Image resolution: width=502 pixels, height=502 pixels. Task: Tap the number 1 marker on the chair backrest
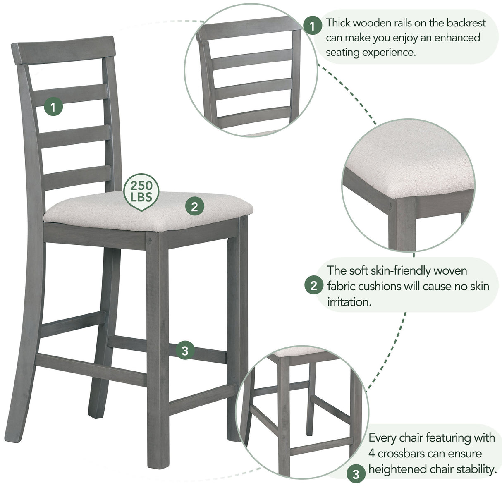point(53,107)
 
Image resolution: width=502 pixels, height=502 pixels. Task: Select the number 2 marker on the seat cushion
point(194,206)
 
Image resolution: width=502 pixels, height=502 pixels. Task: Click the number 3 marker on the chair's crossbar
point(185,351)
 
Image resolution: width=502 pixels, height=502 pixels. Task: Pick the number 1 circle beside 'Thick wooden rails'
point(312,26)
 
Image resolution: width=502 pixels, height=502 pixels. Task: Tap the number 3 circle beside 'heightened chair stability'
point(356,474)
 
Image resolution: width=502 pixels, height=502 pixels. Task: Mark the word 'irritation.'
point(349,302)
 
